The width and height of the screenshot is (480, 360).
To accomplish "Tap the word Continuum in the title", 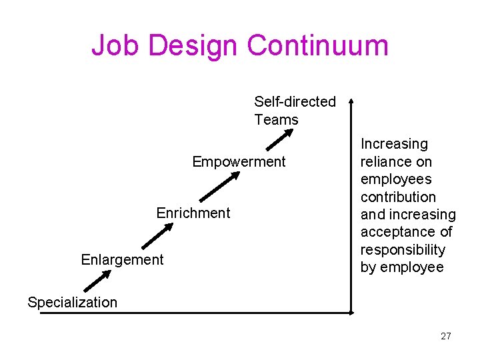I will [317, 45].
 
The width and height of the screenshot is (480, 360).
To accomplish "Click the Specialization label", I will [72, 302].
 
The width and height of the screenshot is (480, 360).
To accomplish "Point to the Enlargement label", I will [122, 259].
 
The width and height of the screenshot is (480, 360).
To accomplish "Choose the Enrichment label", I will [193, 213].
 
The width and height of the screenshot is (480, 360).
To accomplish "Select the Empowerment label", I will [239, 162].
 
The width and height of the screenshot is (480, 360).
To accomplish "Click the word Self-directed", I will [295, 102].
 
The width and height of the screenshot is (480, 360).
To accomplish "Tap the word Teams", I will [276, 120].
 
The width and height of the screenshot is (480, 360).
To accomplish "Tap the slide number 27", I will [446, 336].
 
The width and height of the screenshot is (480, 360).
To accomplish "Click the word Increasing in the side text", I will [394, 144].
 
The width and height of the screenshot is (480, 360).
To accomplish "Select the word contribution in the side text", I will [398, 197].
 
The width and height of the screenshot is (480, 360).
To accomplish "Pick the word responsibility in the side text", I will [403, 250].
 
